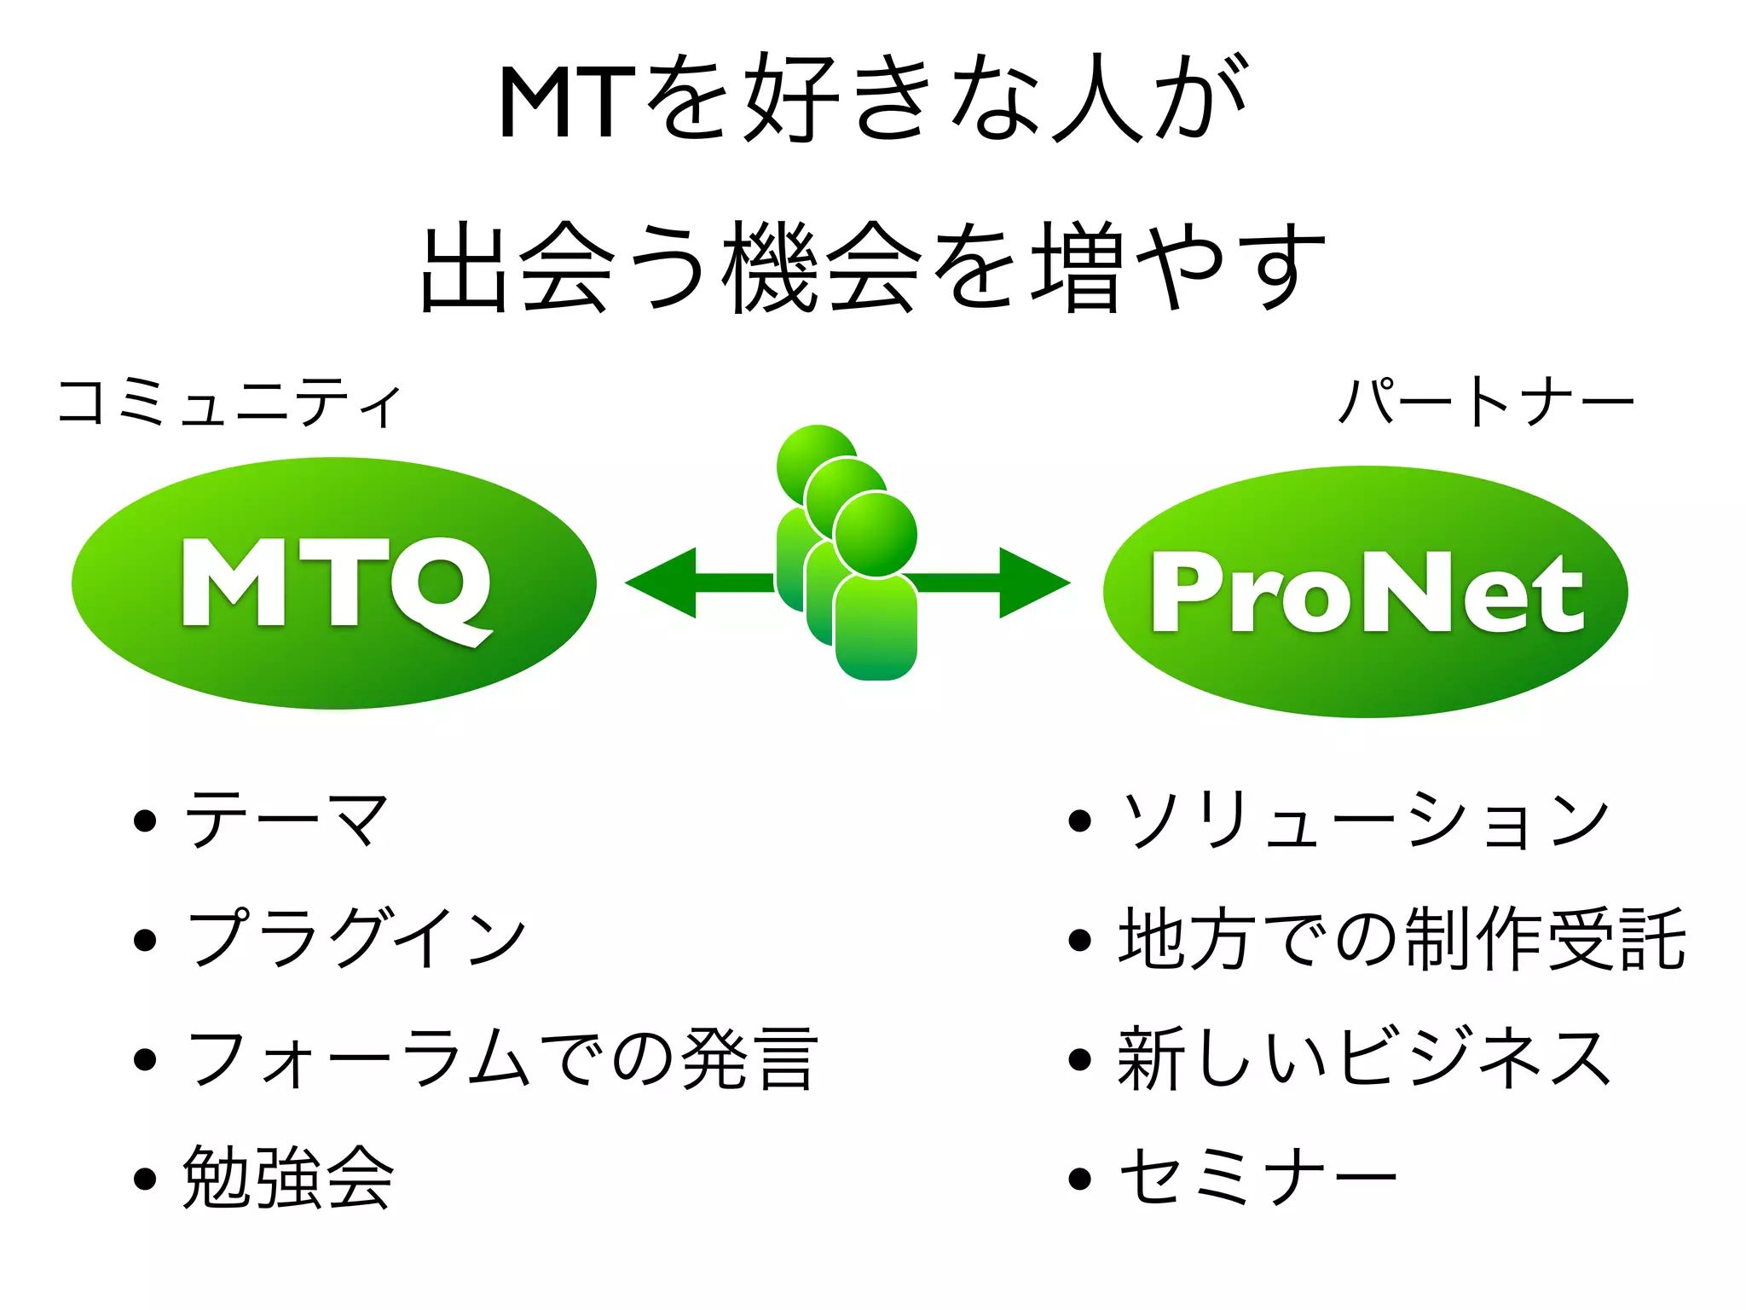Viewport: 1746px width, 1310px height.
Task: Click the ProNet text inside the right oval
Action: tap(1366, 592)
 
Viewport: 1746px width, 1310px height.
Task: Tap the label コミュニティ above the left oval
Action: tap(228, 403)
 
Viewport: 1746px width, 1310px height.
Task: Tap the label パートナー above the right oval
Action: tap(1485, 403)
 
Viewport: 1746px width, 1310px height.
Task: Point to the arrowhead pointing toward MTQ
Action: tap(661, 583)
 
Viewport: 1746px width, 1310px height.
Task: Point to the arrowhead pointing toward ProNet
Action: tap(1033, 583)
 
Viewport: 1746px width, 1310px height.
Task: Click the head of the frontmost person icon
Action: tap(876, 536)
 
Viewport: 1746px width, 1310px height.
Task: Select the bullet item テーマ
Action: tap(286, 820)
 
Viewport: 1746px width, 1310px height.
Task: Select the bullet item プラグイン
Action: tap(356, 938)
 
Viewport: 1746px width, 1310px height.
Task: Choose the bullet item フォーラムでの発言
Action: tap(501, 1058)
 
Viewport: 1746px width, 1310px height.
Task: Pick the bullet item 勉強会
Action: tap(288, 1178)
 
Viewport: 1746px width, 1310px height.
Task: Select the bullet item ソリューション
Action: tap(1364, 820)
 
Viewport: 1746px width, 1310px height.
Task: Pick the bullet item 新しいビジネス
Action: tap(1364, 1058)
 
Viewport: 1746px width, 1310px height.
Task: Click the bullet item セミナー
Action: tap(1257, 1178)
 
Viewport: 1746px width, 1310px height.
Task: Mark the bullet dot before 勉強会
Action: tap(146, 1179)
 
